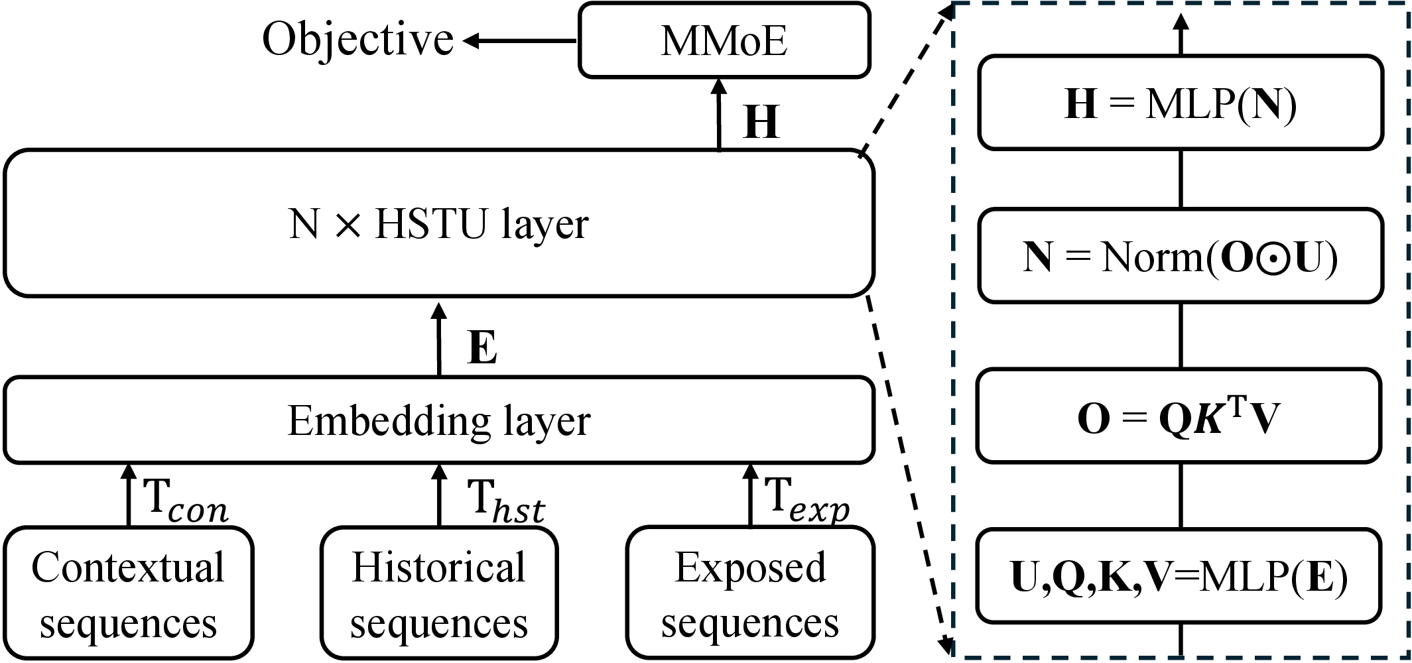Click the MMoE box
coord(724,40)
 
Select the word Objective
coord(357,40)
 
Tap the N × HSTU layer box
coord(438,223)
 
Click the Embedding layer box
coord(438,420)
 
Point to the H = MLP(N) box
coord(1181,103)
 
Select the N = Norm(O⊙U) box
coord(1181,256)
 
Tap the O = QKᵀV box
coord(1179,416)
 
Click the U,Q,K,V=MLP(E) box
coord(1179,576)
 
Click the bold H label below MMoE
coord(761,122)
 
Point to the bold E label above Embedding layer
coord(482,347)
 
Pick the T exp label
coord(806,499)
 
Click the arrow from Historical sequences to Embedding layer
coord(438,495)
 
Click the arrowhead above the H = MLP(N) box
coord(1181,24)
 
